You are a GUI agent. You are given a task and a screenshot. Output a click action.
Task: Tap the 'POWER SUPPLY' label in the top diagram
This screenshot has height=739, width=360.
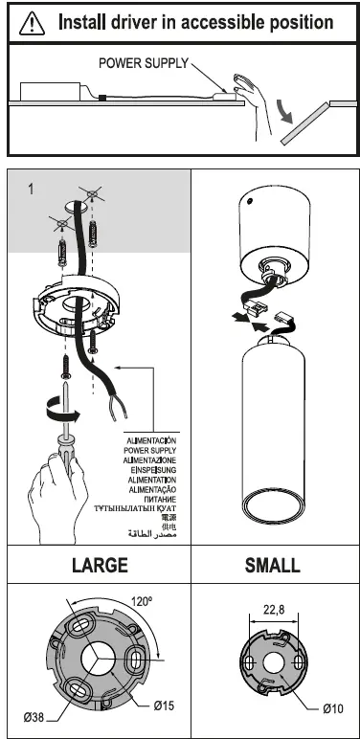[x=145, y=63]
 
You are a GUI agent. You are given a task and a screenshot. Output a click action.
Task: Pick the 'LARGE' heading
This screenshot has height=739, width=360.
[x=100, y=566]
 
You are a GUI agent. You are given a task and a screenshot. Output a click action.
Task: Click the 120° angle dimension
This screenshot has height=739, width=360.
[x=142, y=602]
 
